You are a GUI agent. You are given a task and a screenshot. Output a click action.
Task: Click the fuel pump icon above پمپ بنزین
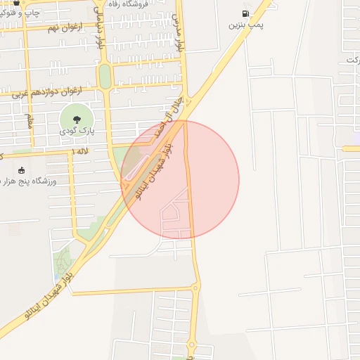tap(245, 13)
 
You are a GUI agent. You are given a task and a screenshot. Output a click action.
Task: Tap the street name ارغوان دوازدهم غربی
tap(53, 91)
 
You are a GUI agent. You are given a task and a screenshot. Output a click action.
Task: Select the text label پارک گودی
tap(77, 131)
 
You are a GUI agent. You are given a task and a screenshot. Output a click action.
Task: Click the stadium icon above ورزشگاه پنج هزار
tap(21, 170)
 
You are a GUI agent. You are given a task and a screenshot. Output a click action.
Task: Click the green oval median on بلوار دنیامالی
tap(105, 76)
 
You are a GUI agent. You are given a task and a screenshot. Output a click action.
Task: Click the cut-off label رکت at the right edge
tap(352, 60)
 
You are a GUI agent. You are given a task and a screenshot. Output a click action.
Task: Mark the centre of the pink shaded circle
tap(180, 180)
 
